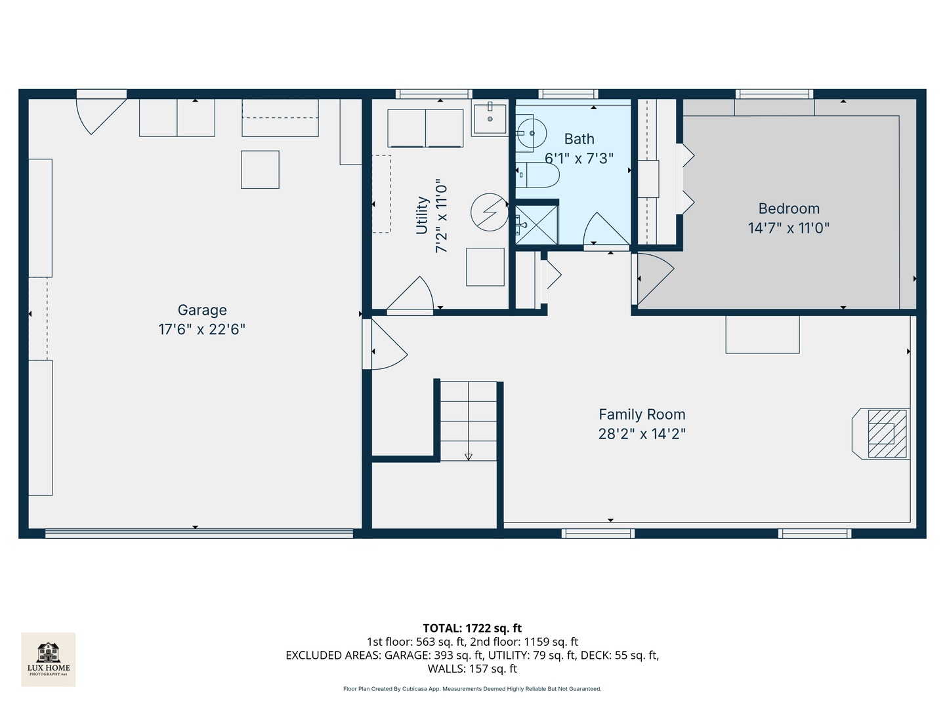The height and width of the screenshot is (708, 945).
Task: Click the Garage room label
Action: (x=202, y=310)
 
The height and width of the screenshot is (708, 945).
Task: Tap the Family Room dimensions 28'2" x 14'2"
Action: (x=641, y=433)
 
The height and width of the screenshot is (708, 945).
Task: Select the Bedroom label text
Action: (x=789, y=208)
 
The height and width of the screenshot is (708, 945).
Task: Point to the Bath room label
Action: (x=579, y=139)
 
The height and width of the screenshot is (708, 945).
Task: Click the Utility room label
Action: (x=422, y=215)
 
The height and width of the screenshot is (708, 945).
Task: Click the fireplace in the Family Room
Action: (x=883, y=433)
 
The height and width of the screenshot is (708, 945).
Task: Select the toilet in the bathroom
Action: (x=538, y=175)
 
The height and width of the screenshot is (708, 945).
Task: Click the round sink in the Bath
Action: (x=530, y=133)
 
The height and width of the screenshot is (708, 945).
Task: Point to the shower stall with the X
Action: (x=536, y=224)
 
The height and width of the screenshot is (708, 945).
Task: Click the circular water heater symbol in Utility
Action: (x=489, y=212)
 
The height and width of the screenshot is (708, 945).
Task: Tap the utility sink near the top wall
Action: (x=490, y=119)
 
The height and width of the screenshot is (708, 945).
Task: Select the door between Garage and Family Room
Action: (x=385, y=344)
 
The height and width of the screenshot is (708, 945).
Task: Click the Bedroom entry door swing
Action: (x=654, y=278)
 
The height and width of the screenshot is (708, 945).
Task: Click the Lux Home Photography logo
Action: (x=49, y=659)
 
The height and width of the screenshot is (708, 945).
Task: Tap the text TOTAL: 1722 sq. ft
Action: (x=472, y=628)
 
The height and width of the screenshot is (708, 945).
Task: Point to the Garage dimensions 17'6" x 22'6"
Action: (x=201, y=329)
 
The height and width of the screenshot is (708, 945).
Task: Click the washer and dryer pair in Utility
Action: (x=425, y=128)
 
